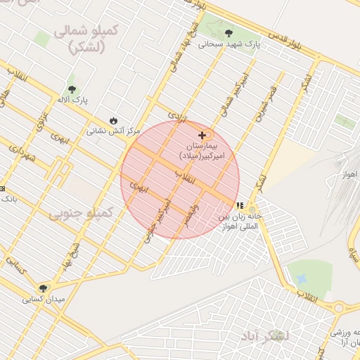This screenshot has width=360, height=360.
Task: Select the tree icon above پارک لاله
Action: [72, 89]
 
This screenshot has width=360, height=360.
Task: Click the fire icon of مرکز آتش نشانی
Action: [113, 120]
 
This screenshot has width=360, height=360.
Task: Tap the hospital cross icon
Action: [202, 134]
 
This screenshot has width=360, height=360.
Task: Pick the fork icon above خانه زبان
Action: [240, 206]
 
